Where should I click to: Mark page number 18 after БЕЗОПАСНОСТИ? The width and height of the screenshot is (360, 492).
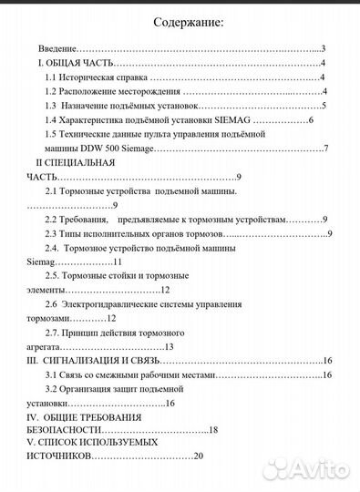point(215,430)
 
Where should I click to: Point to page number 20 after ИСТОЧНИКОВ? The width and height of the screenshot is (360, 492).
point(199,456)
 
